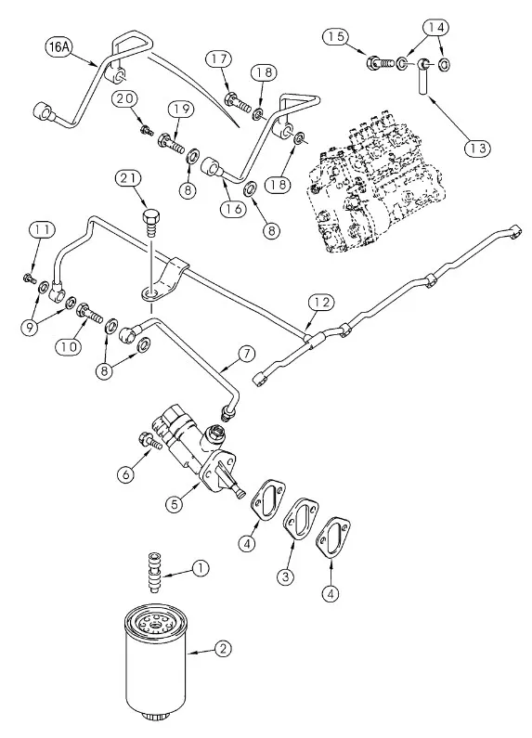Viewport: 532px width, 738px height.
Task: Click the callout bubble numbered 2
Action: click(x=223, y=649)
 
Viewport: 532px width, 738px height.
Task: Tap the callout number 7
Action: click(x=246, y=354)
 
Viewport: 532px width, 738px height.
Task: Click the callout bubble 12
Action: click(x=320, y=302)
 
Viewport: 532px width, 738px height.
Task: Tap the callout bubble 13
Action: click(x=477, y=148)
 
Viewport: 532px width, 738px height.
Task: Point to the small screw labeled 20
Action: click(x=145, y=130)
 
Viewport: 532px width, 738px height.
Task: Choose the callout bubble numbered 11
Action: click(x=39, y=228)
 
